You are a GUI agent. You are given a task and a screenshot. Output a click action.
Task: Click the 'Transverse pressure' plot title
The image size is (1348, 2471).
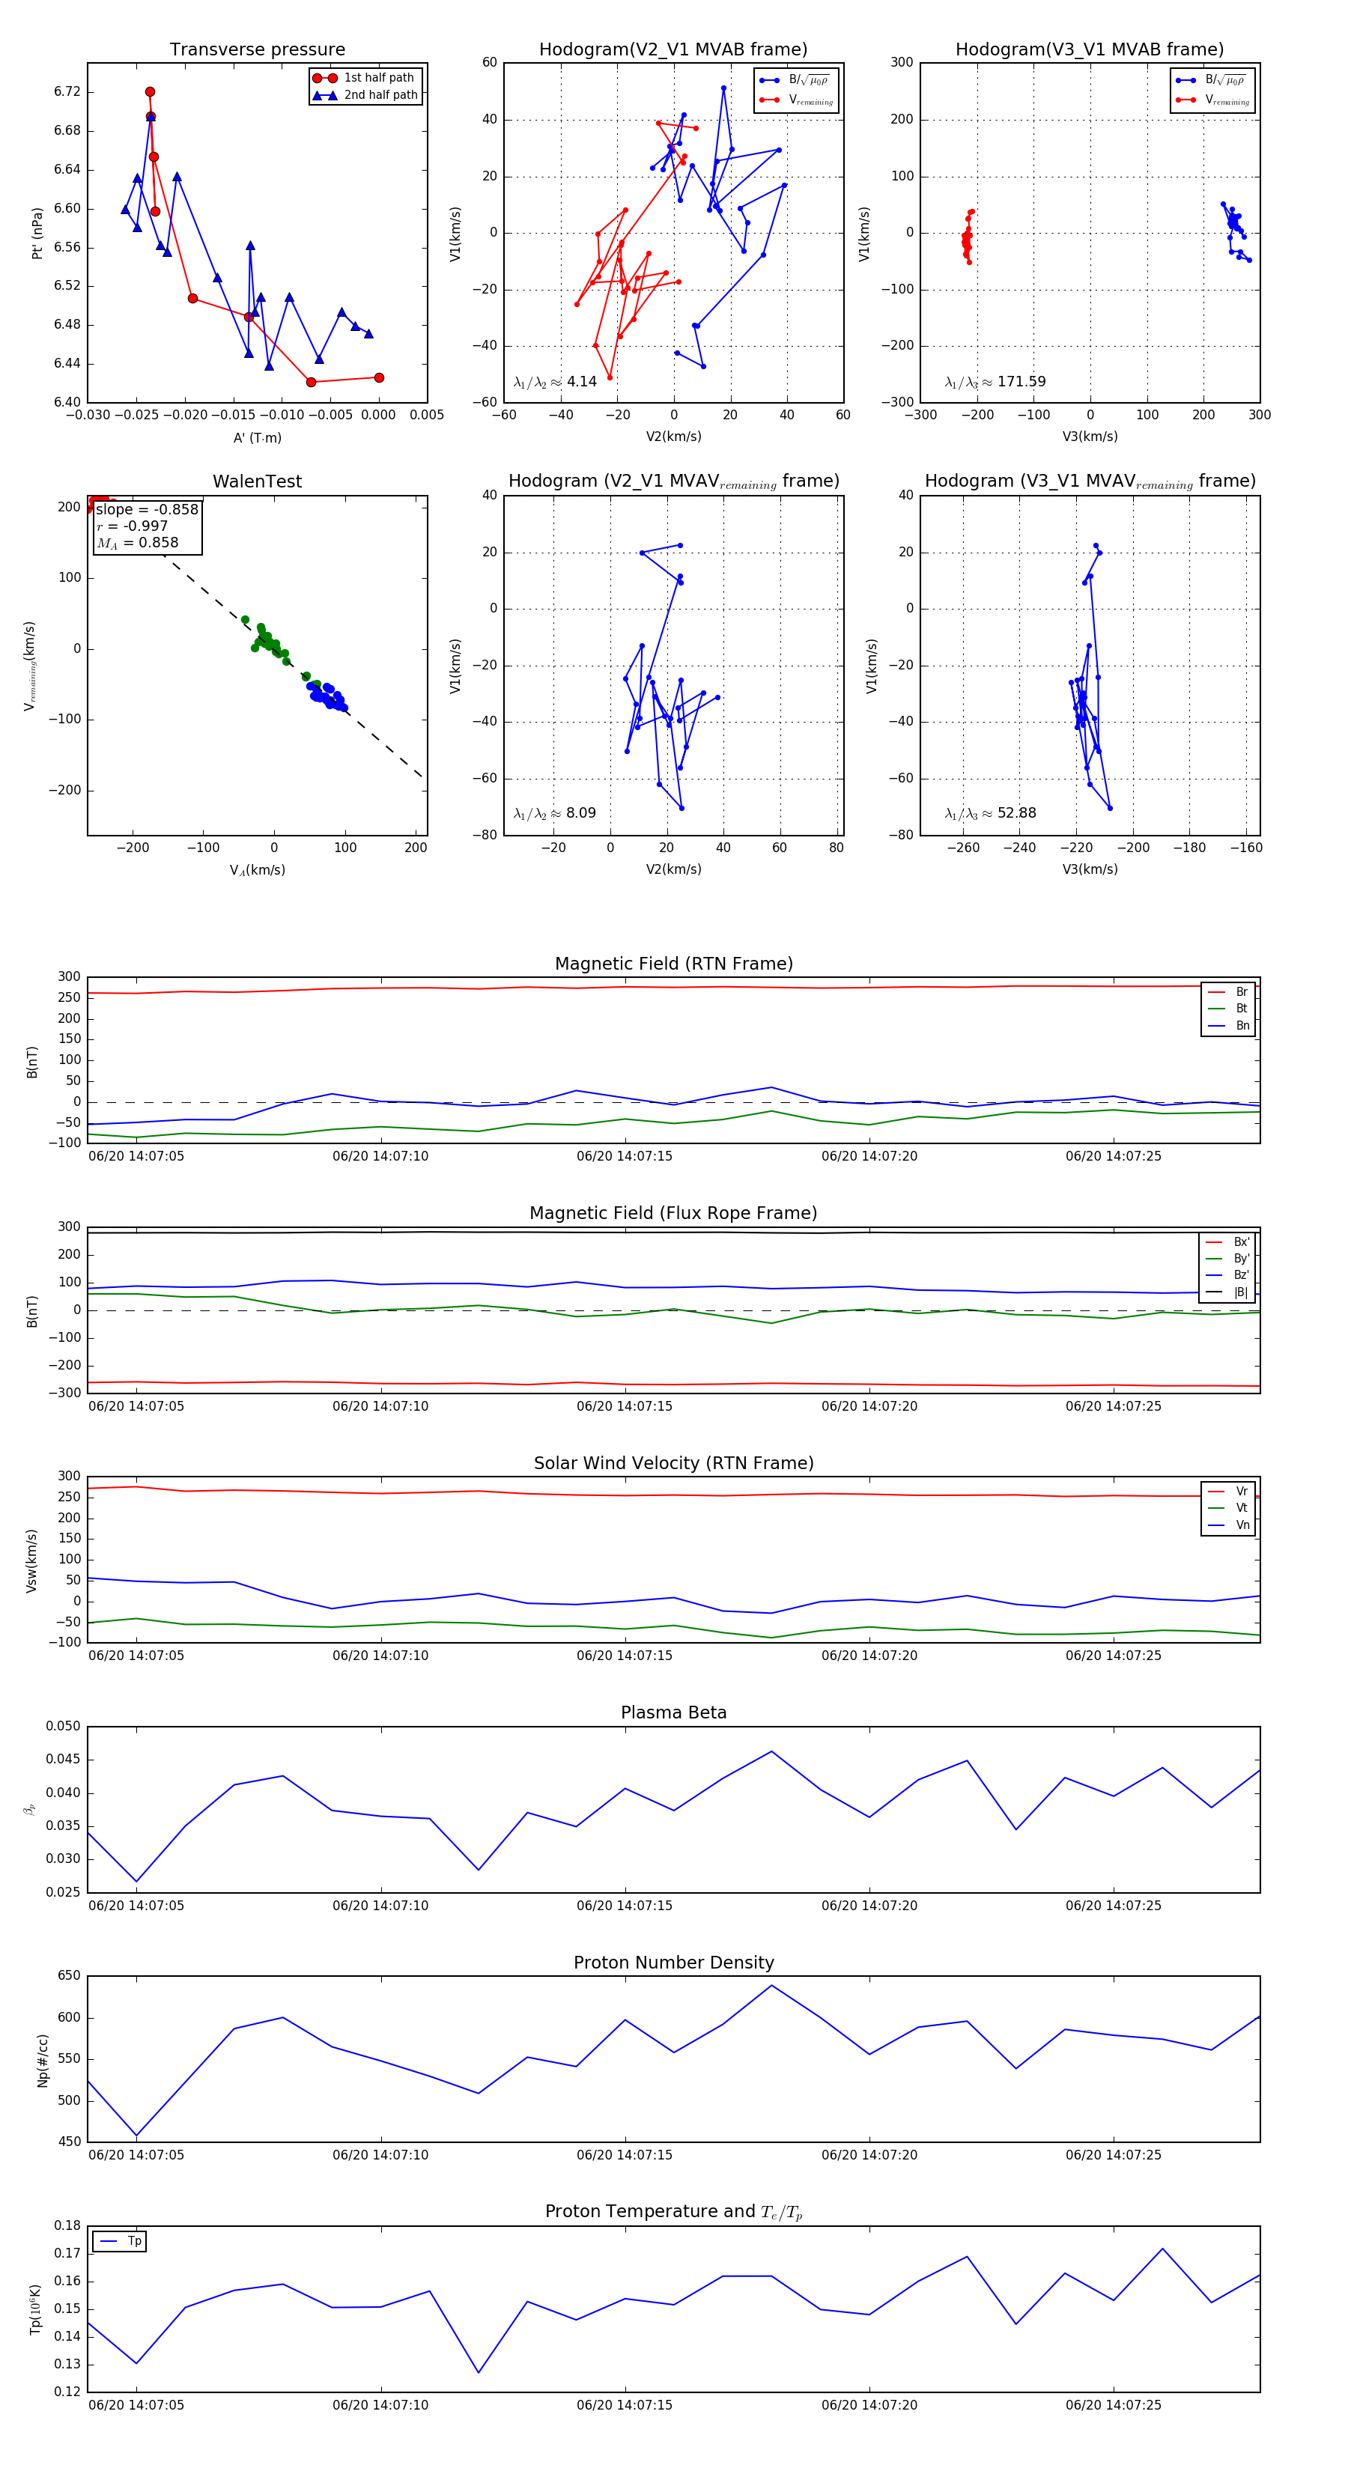pos(257,50)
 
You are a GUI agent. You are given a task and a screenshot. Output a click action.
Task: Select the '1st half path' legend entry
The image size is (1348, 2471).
pos(378,78)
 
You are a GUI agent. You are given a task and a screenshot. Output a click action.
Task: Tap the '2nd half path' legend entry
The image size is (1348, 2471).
pos(380,95)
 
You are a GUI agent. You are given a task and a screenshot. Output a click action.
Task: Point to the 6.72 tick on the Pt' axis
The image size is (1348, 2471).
pos(67,92)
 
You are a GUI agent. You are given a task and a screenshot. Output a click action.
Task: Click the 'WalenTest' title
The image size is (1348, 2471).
pos(257,481)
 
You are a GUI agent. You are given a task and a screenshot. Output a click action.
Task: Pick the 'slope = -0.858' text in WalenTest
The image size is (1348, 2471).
pos(147,509)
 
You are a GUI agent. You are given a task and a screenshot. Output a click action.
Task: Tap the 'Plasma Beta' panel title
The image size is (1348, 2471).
pos(673,1712)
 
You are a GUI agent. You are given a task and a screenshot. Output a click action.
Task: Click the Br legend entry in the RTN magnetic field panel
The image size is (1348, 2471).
pos(1241,992)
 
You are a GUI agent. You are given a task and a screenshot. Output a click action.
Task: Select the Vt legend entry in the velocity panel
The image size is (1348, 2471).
pos(1241,1508)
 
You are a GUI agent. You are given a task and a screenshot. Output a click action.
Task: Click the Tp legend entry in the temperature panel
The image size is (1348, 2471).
pos(134,2241)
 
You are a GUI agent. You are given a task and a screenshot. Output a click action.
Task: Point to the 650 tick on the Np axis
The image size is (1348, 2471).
pos(69,1976)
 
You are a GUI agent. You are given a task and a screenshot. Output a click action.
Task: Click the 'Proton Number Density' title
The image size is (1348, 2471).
pos(673,1962)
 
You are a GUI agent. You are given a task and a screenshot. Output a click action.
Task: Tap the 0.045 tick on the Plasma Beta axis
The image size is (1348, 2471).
pos(64,1759)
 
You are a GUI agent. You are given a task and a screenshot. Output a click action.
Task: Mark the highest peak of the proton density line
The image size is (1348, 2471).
pos(771,1986)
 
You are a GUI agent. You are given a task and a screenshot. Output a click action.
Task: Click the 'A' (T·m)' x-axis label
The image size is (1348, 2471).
pos(257,437)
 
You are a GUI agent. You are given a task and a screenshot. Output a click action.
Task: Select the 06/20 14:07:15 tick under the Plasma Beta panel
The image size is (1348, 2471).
pos(625,1905)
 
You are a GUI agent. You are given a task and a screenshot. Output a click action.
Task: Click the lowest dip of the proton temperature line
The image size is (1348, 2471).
pos(479,2372)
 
